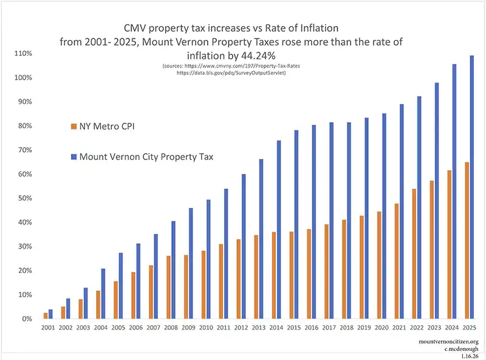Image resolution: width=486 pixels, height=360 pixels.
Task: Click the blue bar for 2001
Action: pyautogui.click(x=50, y=314)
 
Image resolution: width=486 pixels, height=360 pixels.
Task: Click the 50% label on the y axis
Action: pyautogui.click(x=23, y=198)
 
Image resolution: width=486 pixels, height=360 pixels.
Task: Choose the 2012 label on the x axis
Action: pyautogui.click(x=241, y=328)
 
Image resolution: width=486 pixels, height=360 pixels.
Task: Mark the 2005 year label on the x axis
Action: pyautogui.click(x=119, y=328)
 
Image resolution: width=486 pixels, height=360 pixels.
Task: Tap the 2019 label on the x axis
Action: pyautogui.click(x=363, y=328)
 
